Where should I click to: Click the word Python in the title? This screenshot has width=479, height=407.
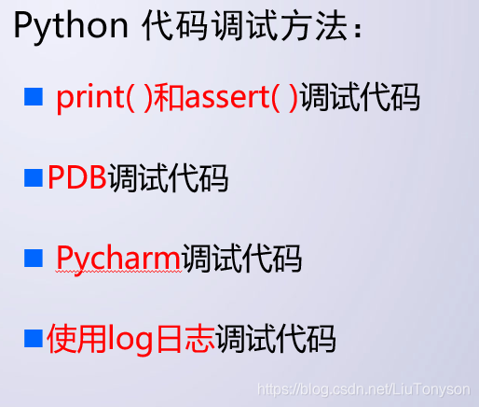(71, 27)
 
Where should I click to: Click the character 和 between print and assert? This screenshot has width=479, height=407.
(169, 98)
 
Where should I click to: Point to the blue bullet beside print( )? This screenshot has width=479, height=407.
(34, 95)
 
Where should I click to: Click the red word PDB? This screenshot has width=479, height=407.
(77, 177)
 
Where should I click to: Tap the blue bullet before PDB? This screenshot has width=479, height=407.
(34, 175)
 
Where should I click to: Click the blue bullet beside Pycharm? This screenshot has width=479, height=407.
(34, 255)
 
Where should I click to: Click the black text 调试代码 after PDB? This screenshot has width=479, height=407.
(168, 177)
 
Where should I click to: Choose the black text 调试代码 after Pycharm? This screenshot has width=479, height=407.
(241, 257)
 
